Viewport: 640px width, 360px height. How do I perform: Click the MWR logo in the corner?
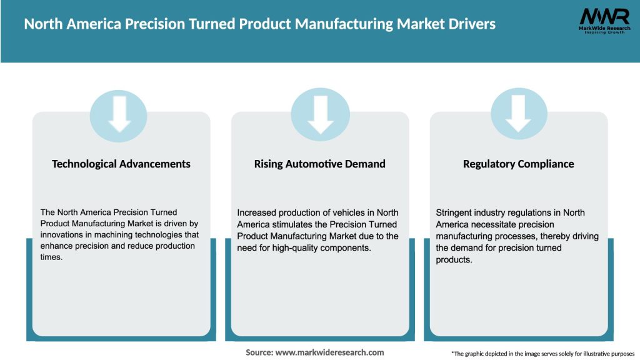(x=604, y=17)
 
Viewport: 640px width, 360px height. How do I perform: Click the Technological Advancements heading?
(x=121, y=164)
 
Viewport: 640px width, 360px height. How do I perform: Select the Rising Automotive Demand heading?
(x=319, y=164)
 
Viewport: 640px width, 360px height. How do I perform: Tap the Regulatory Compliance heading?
(x=518, y=164)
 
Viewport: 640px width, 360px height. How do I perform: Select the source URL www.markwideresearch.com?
(x=329, y=352)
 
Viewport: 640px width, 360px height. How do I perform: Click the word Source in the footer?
(x=259, y=352)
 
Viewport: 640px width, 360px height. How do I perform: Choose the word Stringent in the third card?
(x=455, y=212)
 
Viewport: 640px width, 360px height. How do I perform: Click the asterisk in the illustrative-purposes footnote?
(x=452, y=353)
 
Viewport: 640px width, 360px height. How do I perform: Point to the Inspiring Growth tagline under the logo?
(x=604, y=32)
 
